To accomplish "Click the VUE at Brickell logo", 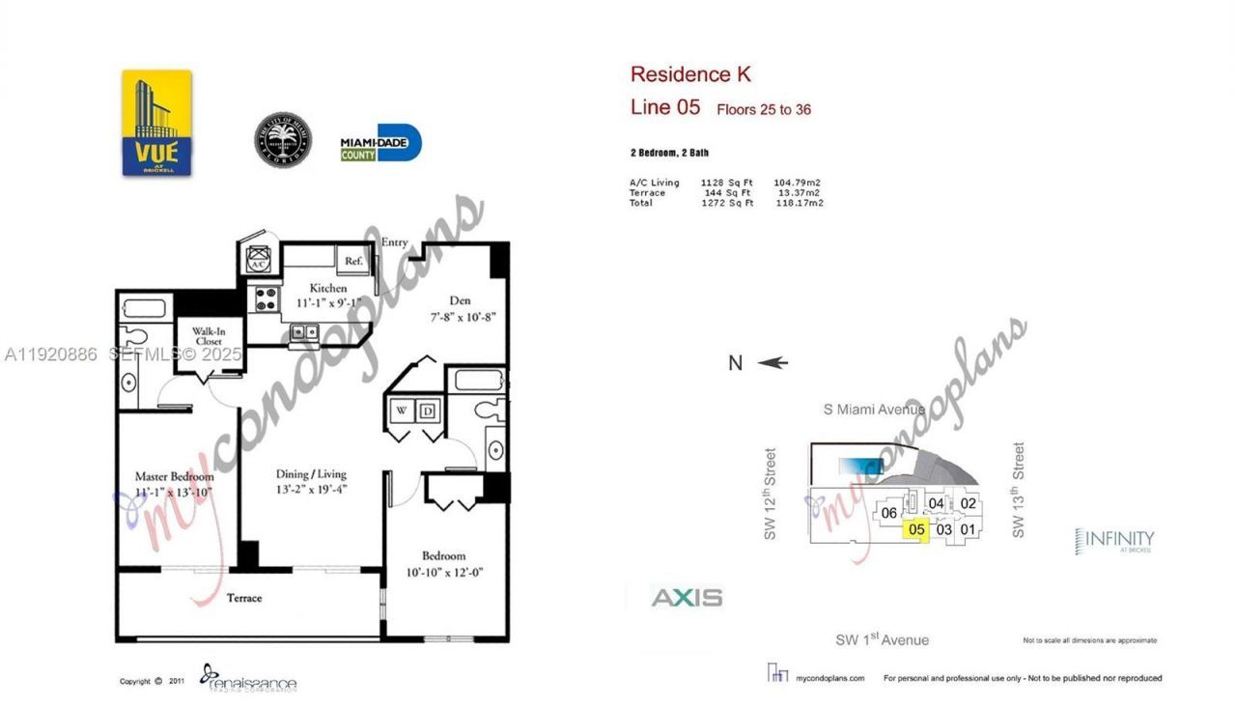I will tap(156, 123).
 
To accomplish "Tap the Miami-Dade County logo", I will tap(380, 143).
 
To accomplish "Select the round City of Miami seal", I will tap(284, 141).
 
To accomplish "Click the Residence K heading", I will tap(689, 74).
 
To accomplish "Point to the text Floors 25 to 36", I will tap(763, 110).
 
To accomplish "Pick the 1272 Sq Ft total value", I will tap(727, 203).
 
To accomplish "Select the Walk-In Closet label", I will tap(208, 335).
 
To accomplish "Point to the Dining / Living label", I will tap(310, 474).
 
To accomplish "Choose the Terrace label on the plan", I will tap(244, 598).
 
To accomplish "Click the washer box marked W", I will tap(400, 411).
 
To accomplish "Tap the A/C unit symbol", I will tap(258, 260).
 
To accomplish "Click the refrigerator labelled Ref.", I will tap(352, 260).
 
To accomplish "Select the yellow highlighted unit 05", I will tap(916, 528).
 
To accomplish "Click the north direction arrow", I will tap(772, 363).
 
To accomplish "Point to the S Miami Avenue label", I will tap(875, 409).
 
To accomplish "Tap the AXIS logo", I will tap(687, 598).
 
